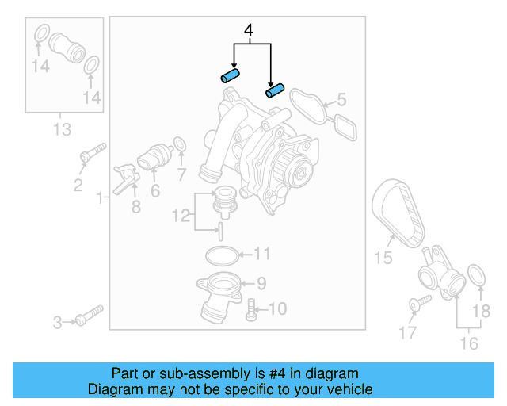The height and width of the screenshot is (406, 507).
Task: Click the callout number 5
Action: click(x=341, y=100)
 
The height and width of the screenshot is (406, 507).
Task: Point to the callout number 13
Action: click(x=61, y=129)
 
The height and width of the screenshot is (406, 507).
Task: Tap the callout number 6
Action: click(x=154, y=190)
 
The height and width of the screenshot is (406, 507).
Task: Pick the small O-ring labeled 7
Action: click(x=180, y=145)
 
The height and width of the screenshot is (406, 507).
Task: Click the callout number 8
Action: click(x=135, y=208)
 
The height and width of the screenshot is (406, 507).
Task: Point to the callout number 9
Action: click(x=261, y=282)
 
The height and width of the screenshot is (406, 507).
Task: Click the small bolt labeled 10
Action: click(x=252, y=308)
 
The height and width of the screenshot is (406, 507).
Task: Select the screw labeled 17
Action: click(x=418, y=303)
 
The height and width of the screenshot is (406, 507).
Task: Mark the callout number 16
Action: click(x=469, y=343)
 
